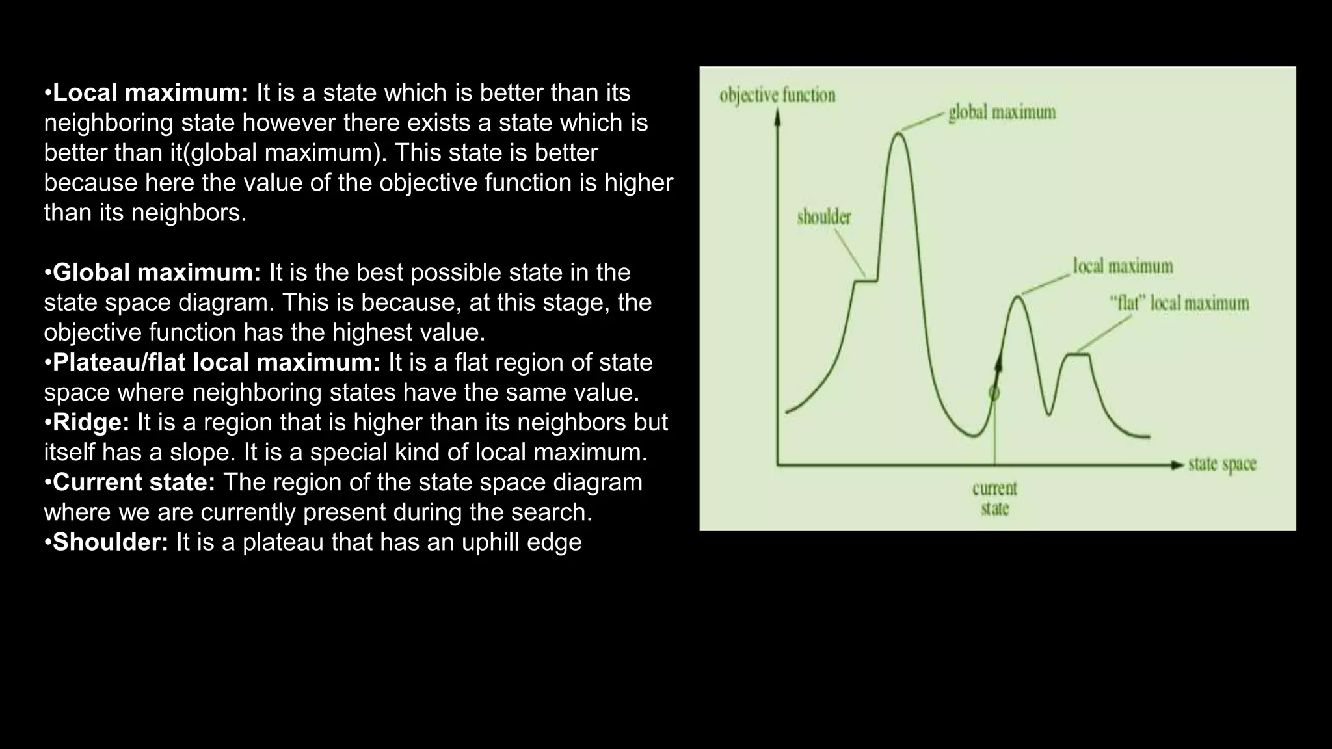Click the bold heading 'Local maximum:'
(x=150, y=93)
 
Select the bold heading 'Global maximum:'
(x=156, y=272)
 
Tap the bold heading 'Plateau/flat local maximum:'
(x=216, y=362)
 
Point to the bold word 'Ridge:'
(x=91, y=422)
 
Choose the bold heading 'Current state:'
(x=133, y=482)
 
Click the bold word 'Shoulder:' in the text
(x=110, y=542)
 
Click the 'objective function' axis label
(x=777, y=96)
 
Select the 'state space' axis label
(x=1222, y=465)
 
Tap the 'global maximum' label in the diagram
(x=1002, y=112)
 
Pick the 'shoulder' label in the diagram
(x=824, y=217)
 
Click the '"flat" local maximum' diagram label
(x=1179, y=304)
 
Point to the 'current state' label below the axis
(x=994, y=498)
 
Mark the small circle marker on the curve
(x=994, y=393)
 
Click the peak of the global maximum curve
(x=899, y=133)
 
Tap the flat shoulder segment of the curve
(x=865, y=281)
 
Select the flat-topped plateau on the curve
(x=1077, y=354)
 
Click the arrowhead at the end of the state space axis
(x=1177, y=465)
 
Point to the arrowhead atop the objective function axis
(x=777, y=116)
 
